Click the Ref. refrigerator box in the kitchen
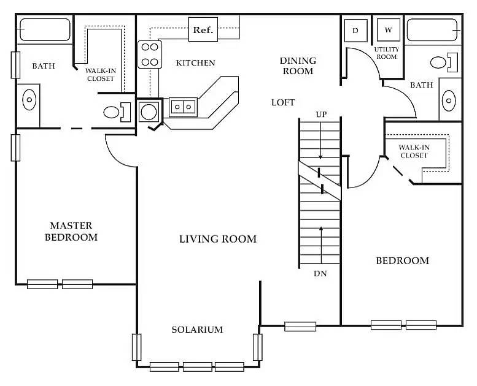click(203, 30)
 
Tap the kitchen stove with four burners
click(149, 54)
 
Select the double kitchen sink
click(182, 107)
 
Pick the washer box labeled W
click(388, 29)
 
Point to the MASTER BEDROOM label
click(71, 231)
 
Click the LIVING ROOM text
click(217, 239)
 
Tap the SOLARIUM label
click(196, 330)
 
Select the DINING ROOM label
click(298, 66)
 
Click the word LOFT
click(283, 102)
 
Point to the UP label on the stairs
click(320, 114)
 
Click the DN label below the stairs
click(320, 274)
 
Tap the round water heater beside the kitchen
click(148, 112)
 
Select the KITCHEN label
click(195, 62)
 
